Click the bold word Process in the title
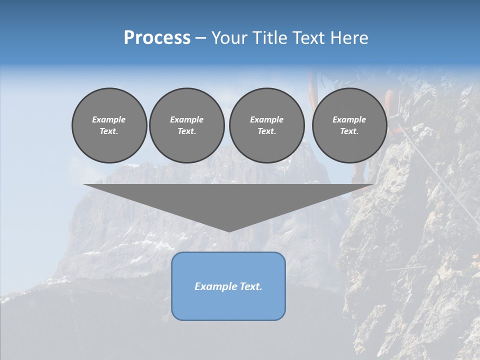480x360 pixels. point(157,38)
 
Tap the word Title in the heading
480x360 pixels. point(269,38)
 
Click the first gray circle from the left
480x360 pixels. point(109,125)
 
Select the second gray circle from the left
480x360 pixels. point(187,125)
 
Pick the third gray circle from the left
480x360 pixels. point(266,125)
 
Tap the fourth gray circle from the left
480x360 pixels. point(349,125)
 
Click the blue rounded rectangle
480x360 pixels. point(228,285)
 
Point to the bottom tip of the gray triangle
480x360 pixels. point(229,231)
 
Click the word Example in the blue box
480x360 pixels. point(214,286)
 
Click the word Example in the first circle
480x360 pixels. point(109,119)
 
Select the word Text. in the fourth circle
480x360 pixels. point(349,131)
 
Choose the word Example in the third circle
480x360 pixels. point(266,119)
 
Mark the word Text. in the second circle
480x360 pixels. point(187,131)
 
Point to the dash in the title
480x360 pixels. point(201,38)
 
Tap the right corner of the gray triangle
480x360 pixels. point(372,185)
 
